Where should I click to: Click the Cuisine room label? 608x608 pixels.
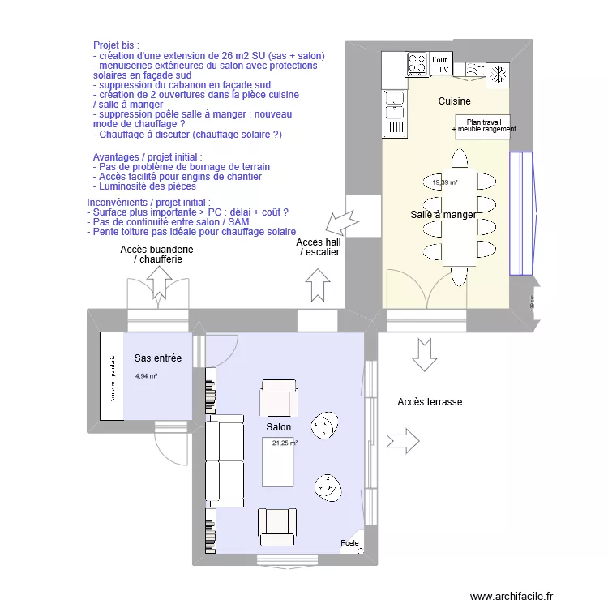coord(455,101)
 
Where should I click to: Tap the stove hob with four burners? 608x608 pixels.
coord(417,64)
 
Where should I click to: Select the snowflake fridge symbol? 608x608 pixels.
coord(496,74)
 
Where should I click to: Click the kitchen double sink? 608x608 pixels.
coord(394,113)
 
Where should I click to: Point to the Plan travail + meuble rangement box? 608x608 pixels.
coord(484,126)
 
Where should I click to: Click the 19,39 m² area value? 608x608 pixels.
coord(445,182)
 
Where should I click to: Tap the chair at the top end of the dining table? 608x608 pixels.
coord(460,157)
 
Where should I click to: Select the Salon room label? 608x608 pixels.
coord(278,426)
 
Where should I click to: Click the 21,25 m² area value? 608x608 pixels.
coord(285,443)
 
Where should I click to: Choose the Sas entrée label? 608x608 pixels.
coord(158,358)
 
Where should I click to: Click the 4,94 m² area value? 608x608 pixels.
coord(146,376)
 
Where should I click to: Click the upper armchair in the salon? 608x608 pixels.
coord(279,399)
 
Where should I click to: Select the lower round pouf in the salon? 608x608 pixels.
coord(328,486)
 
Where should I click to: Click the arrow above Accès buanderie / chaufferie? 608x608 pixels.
coord(157,283)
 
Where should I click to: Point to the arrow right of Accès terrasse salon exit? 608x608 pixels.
coord(402,442)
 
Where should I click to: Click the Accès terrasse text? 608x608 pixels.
coord(430,402)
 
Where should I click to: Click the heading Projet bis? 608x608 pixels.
coord(116,45)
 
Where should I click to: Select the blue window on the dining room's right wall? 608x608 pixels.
coord(520,214)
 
